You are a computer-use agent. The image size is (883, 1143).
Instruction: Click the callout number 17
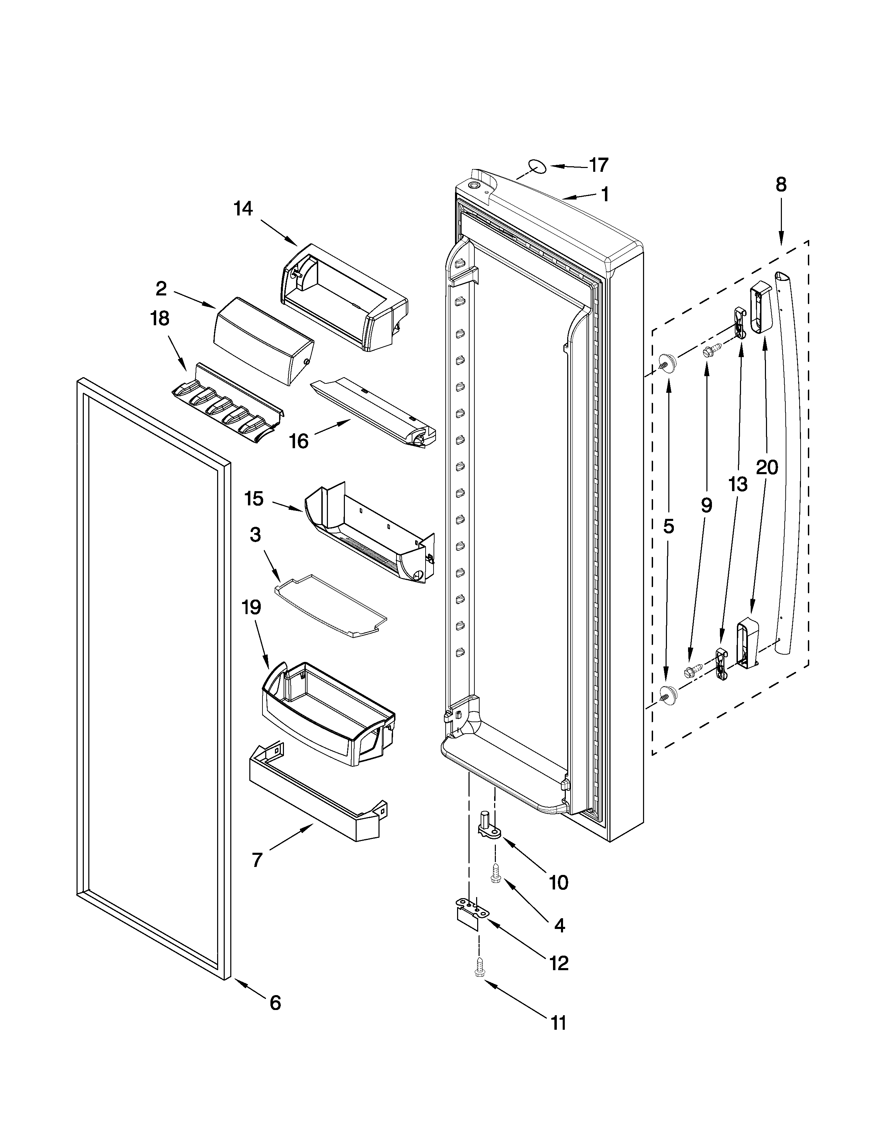599,165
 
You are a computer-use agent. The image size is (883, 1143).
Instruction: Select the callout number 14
243,209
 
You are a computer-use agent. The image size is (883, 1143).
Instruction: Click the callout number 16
299,441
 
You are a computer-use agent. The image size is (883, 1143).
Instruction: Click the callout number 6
275,1003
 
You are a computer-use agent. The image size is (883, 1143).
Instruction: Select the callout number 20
767,467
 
